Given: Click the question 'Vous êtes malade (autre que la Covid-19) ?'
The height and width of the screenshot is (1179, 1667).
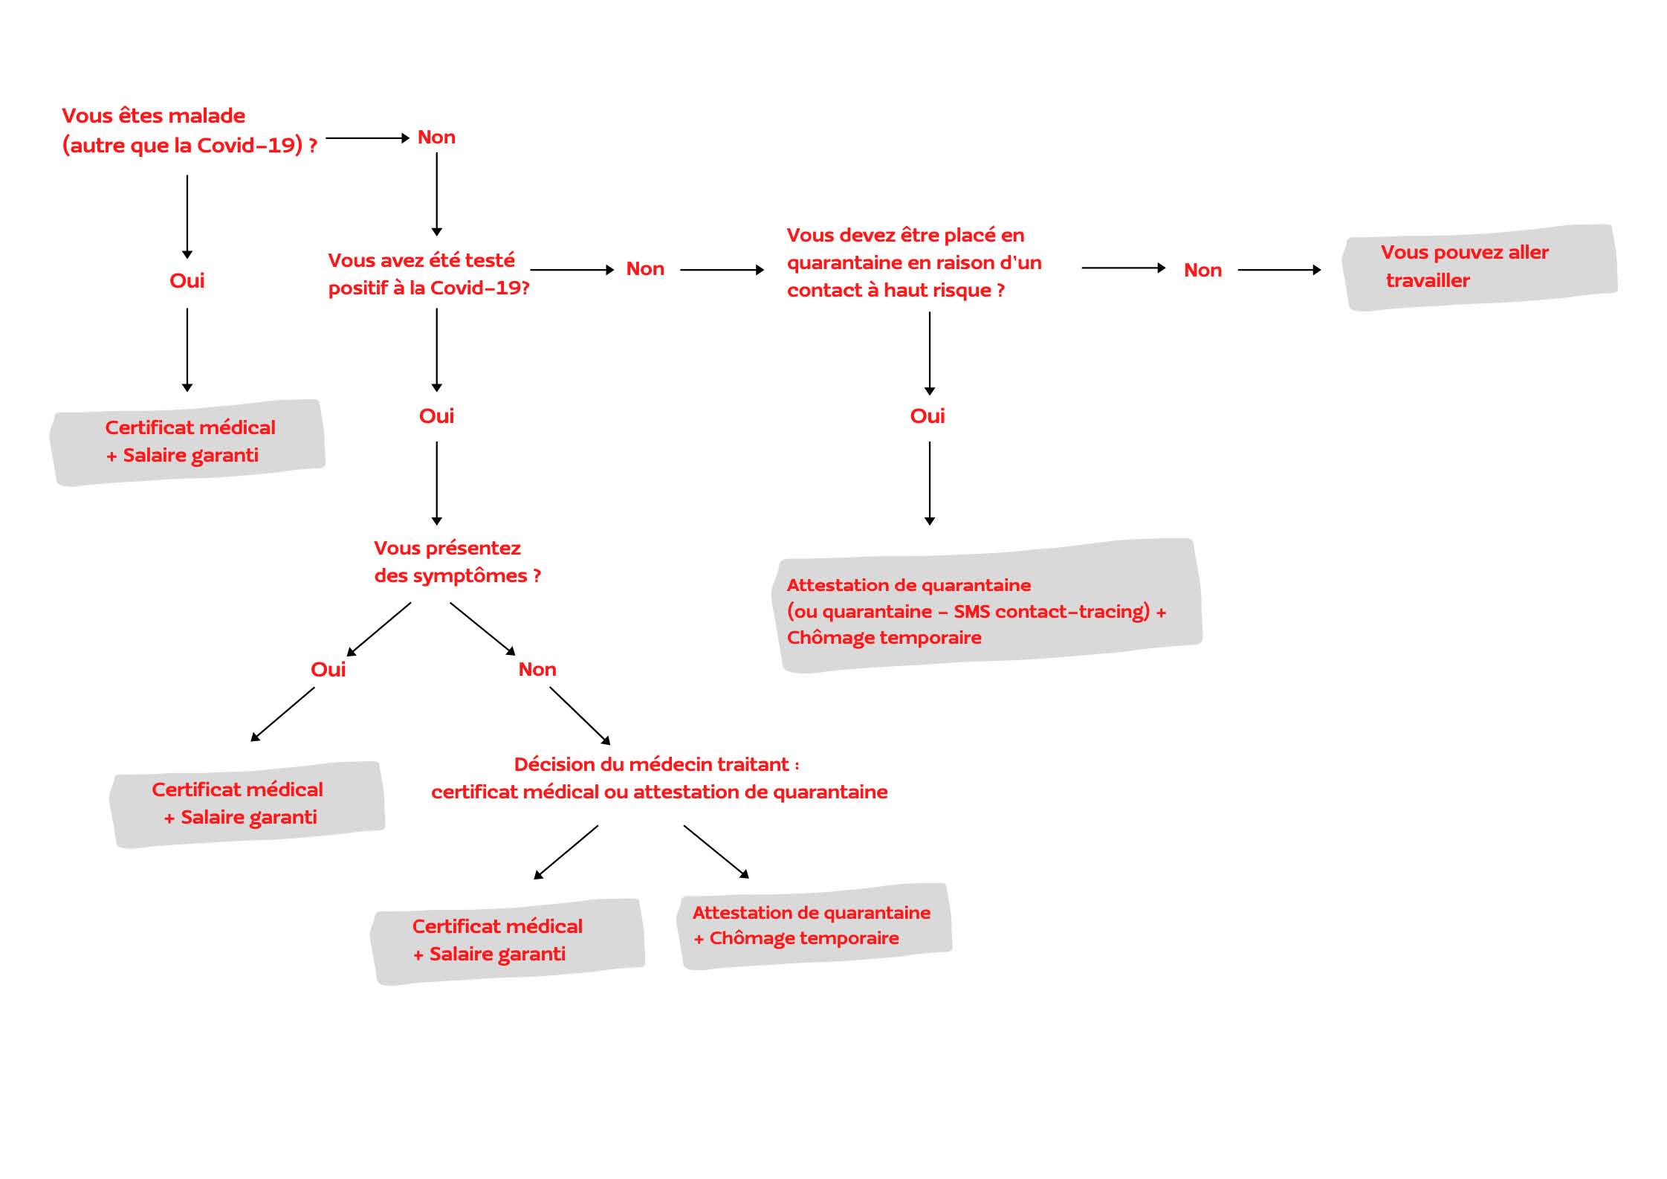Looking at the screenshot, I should (190, 130).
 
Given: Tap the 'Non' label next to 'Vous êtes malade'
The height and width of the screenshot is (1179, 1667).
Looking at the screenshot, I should (436, 138).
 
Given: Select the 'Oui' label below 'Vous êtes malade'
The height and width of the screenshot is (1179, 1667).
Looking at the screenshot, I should (187, 281).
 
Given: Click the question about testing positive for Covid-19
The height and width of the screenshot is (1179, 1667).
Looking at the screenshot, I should (428, 274).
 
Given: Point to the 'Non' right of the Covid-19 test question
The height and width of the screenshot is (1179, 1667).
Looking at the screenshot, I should (644, 269).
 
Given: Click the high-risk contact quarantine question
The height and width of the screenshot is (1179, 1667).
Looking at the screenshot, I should (913, 262).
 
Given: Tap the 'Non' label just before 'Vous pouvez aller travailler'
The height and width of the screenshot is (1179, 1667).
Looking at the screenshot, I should (1202, 271).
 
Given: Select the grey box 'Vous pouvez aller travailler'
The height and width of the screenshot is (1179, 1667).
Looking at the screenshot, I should (1479, 267).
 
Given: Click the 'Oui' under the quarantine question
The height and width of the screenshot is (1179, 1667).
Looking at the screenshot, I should (927, 416).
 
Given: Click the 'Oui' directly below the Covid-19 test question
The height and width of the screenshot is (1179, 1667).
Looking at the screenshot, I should (436, 416).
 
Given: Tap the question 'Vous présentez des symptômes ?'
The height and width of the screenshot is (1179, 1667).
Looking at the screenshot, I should (457, 562).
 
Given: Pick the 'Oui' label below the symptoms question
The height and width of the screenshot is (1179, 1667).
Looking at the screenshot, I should (328, 670).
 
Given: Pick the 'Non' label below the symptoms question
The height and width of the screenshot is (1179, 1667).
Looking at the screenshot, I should (537, 670).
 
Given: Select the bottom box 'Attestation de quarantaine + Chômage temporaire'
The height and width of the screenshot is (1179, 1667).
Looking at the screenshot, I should (813, 926).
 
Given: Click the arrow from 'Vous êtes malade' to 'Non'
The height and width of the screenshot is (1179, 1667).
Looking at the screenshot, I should (367, 138).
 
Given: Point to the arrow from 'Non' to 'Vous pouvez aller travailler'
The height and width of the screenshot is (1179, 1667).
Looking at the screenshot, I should (1278, 270).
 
